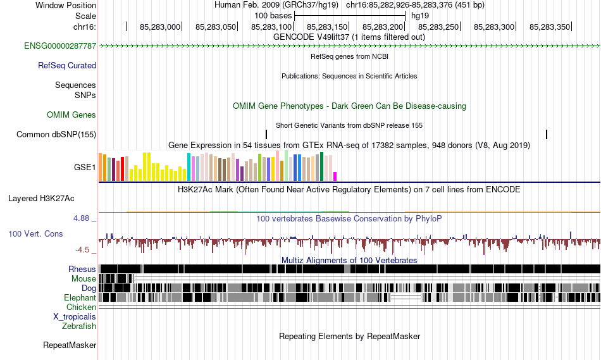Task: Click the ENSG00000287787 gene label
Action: click(x=60, y=46)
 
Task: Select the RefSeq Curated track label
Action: click(x=67, y=65)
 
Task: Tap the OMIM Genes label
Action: click(x=71, y=115)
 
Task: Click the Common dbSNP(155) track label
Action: click(x=56, y=134)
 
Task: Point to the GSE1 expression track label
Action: click(x=85, y=168)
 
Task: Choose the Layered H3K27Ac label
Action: click(x=41, y=198)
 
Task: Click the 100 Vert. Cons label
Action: click(x=35, y=233)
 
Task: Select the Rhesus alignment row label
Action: click(x=82, y=269)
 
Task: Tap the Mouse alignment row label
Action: click(x=84, y=278)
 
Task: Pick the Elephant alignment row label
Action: click(x=80, y=297)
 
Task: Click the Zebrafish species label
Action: click(x=79, y=326)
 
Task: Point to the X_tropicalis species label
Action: click(x=75, y=316)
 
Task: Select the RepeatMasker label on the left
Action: click(x=70, y=345)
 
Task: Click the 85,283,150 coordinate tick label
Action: click(x=327, y=27)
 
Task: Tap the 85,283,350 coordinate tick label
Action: click(x=550, y=27)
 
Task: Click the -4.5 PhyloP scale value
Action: click(x=83, y=249)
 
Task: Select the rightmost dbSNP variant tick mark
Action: click(x=546, y=134)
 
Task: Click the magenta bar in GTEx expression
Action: click(x=335, y=176)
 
